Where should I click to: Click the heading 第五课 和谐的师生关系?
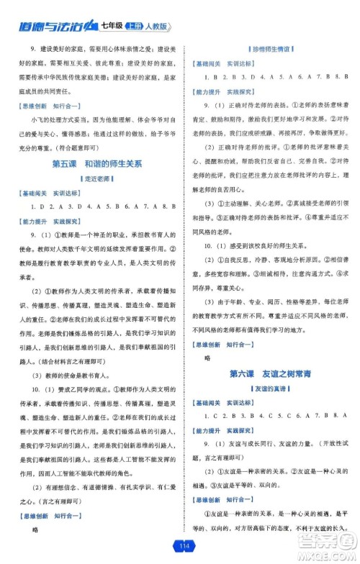tap(98, 164)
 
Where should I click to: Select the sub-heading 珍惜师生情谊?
tap(269, 48)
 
